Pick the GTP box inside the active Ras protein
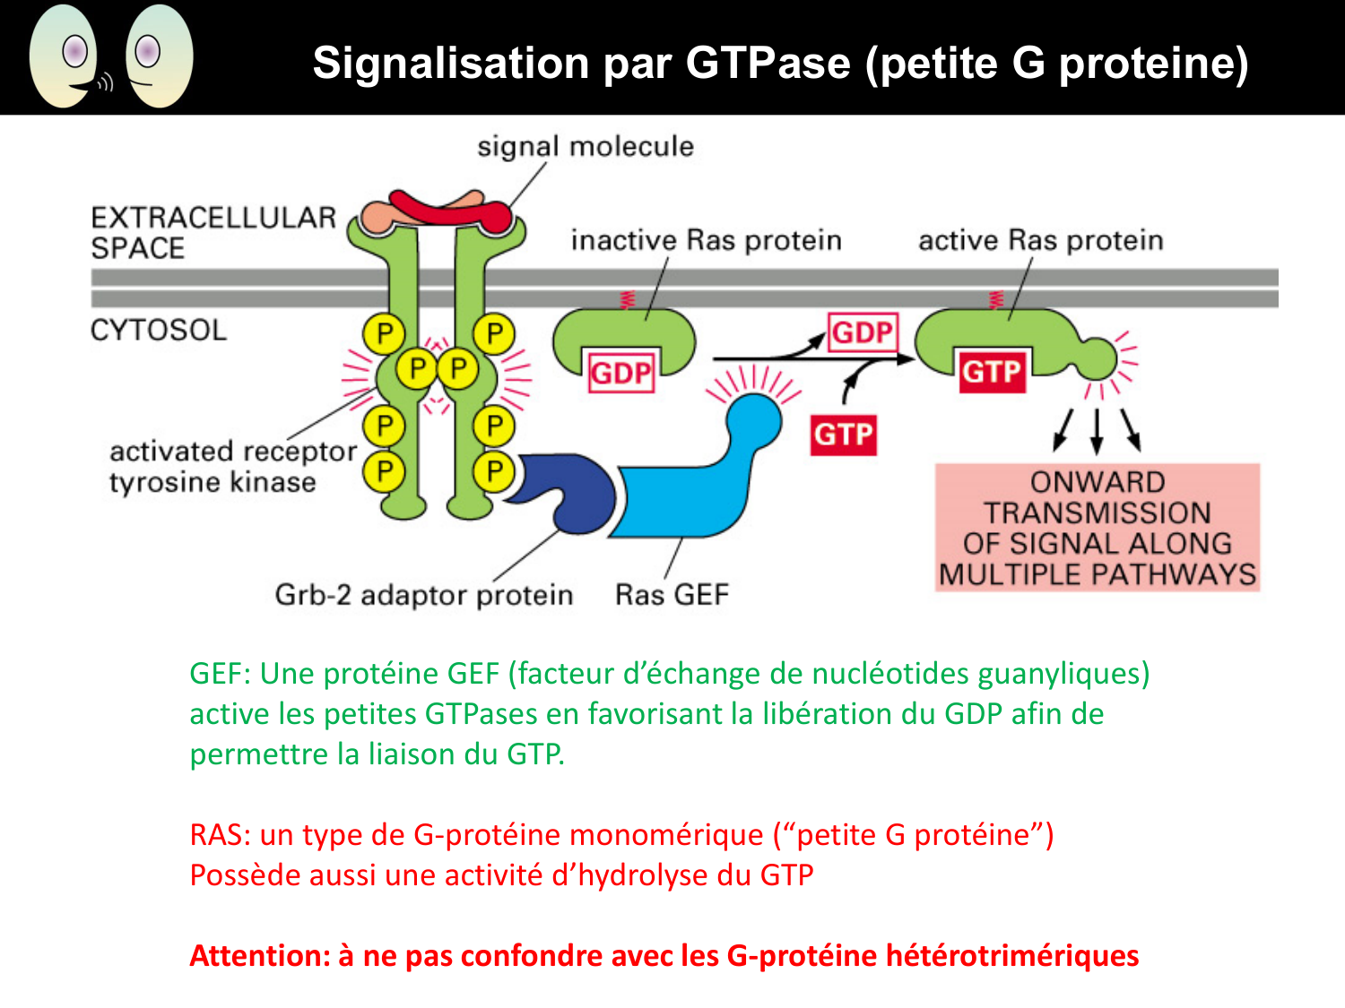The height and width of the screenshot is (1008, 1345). pyautogui.click(x=992, y=371)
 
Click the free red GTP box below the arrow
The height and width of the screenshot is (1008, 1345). pyautogui.click(x=843, y=435)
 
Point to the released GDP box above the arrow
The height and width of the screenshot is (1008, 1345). pyautogui.click(x=862, y=332)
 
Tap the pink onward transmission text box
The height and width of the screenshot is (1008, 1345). pyautogui.click(x=1098, y=528)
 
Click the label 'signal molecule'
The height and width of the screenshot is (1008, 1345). pyautogui.click(x=585, y=146)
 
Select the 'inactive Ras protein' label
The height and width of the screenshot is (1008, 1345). pyautogui.click(x=706, y=240)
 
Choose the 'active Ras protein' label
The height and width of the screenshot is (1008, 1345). pyautogui.click(x=1040, y=240)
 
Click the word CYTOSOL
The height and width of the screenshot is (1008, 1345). pyautogui.click(x=159, y=330)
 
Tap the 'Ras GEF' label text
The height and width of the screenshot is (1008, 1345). pyautogui.click(x=672, y=594)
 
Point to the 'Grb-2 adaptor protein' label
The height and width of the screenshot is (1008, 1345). pyautogui.click(x=423, y=595)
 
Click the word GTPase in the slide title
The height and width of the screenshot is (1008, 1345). pyautogui.click(x=768, y=63)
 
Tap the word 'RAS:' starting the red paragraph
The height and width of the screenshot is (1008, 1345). pyautogui.click(x=220, y=834)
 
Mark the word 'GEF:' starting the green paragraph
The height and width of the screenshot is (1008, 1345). pyautogui.click(x=220, y=673)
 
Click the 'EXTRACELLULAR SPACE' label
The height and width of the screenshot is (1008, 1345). pyautogui.click(x=213, y=232)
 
